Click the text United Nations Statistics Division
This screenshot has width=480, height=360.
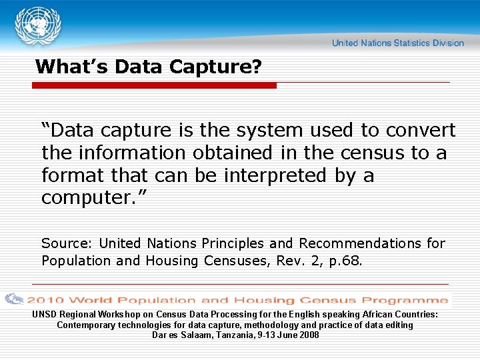point(397,43)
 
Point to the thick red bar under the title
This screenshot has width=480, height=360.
point(154,85)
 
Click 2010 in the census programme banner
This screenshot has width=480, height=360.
point(45,300)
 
